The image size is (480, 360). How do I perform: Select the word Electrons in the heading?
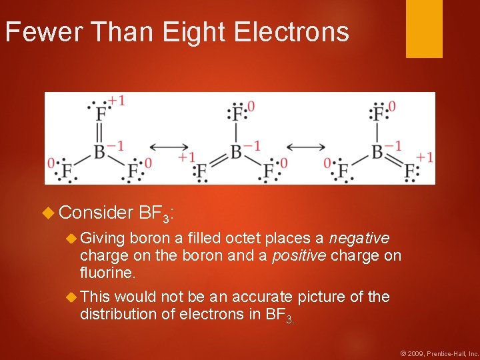point(290,32)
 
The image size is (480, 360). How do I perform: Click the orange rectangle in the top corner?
point(424,29)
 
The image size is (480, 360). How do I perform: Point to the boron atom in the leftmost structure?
point(100,151)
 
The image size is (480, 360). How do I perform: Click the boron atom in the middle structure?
point(235,151)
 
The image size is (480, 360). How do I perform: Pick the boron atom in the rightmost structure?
point(378,151)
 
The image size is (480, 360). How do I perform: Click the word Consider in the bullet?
point(96,213)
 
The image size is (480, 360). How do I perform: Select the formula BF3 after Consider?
point(155,213)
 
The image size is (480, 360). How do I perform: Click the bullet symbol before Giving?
point(71,238)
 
